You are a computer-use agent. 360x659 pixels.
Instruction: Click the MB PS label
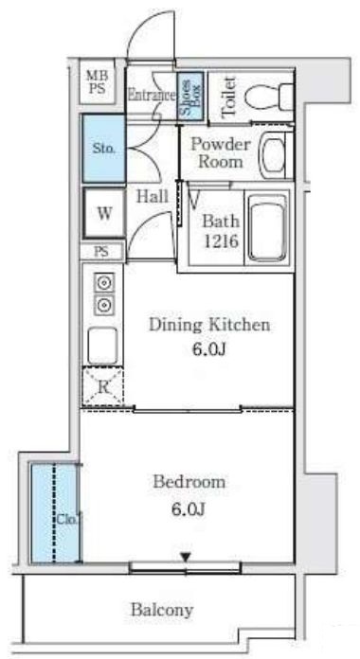pos(98,82)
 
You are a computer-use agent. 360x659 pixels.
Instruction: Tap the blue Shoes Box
pos(190,96)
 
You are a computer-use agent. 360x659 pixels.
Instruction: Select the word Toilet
pos(228,97)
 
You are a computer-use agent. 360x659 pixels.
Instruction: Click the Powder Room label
pos(221,152)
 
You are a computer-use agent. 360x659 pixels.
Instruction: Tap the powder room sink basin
pos(274,153)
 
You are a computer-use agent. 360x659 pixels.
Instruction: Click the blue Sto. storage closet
pos(104,148)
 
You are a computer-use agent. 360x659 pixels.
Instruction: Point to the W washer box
pos(104,213)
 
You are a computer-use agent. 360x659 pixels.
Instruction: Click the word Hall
pos(153,196)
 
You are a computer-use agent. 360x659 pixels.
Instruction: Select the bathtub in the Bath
pos(267,227)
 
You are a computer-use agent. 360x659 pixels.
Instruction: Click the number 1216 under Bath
pos(222,240)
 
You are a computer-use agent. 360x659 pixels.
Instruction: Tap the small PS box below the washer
pos(101,251)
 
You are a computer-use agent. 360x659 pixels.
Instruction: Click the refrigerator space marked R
pos(102,386)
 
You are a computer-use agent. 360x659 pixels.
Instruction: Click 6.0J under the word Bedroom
pos(188,509)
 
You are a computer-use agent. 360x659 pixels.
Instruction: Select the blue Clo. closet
pos(56,513)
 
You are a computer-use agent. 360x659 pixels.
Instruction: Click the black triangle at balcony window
pos(186,557)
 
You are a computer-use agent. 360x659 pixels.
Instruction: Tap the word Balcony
pos(162,610)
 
